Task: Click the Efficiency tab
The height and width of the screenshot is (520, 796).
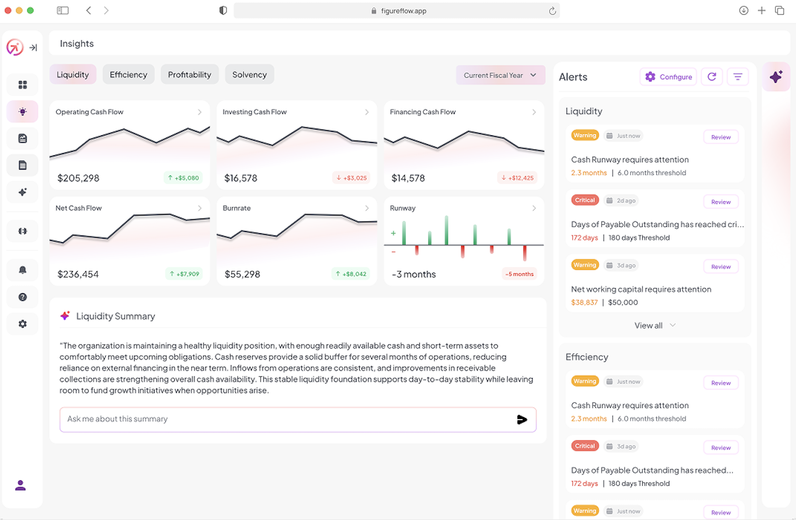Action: point(128,75)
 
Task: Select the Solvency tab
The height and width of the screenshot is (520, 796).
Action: point(249,75)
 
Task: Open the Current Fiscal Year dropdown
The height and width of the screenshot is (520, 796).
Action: point(500,75)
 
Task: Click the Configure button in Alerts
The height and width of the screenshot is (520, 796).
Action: point(668,77)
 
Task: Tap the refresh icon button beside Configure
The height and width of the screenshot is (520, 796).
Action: point(712,77)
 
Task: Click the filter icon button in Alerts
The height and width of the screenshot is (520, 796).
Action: point(738,77)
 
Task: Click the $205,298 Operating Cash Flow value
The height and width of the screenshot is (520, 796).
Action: point(78,178)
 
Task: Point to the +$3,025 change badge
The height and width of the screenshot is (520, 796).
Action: point(352,178)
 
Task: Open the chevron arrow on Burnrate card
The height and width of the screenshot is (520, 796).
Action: point(367,208)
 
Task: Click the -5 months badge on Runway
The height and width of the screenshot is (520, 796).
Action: point(519,274)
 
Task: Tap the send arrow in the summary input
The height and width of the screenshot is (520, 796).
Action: point(522,419)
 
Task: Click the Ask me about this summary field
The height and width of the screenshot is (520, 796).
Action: point(285,419)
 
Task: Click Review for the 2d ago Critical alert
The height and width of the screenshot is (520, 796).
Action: point(721,202)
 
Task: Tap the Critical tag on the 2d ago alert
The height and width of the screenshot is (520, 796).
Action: point(585,200)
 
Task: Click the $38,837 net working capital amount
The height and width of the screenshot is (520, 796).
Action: point(584,303)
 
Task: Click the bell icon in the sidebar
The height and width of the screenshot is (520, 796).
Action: point(23,270)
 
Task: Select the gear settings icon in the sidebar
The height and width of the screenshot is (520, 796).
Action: point(23,324)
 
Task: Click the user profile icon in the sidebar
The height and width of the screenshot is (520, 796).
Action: point(21,485)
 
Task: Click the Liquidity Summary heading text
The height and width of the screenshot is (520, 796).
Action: point(115,317)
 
